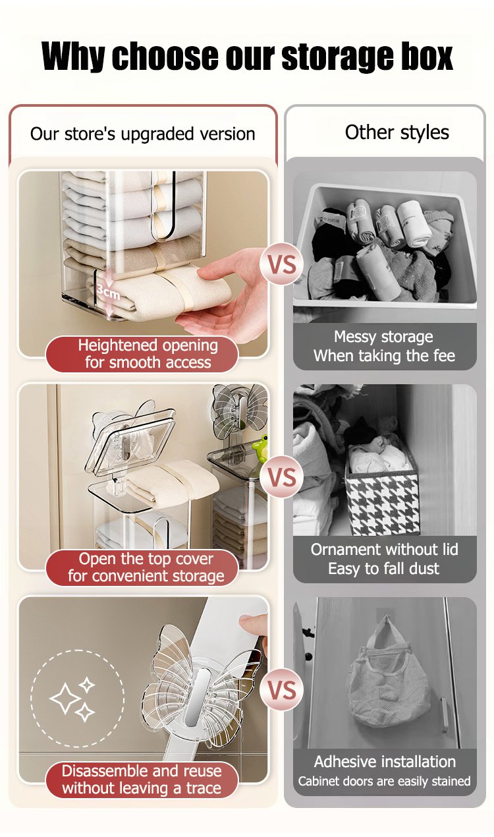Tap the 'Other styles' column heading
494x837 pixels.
pos(397,132)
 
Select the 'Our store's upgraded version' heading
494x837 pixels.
pos(143,134)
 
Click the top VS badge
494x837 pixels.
pos(282,264)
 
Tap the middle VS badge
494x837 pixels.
pos(282,477)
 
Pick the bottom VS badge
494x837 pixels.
pos(282,690)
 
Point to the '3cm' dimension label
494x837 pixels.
pos(108,291)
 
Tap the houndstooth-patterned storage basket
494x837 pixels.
pos(382,501)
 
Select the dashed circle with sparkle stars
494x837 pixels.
pos(77,699)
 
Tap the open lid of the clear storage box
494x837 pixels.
pos(130,440)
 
